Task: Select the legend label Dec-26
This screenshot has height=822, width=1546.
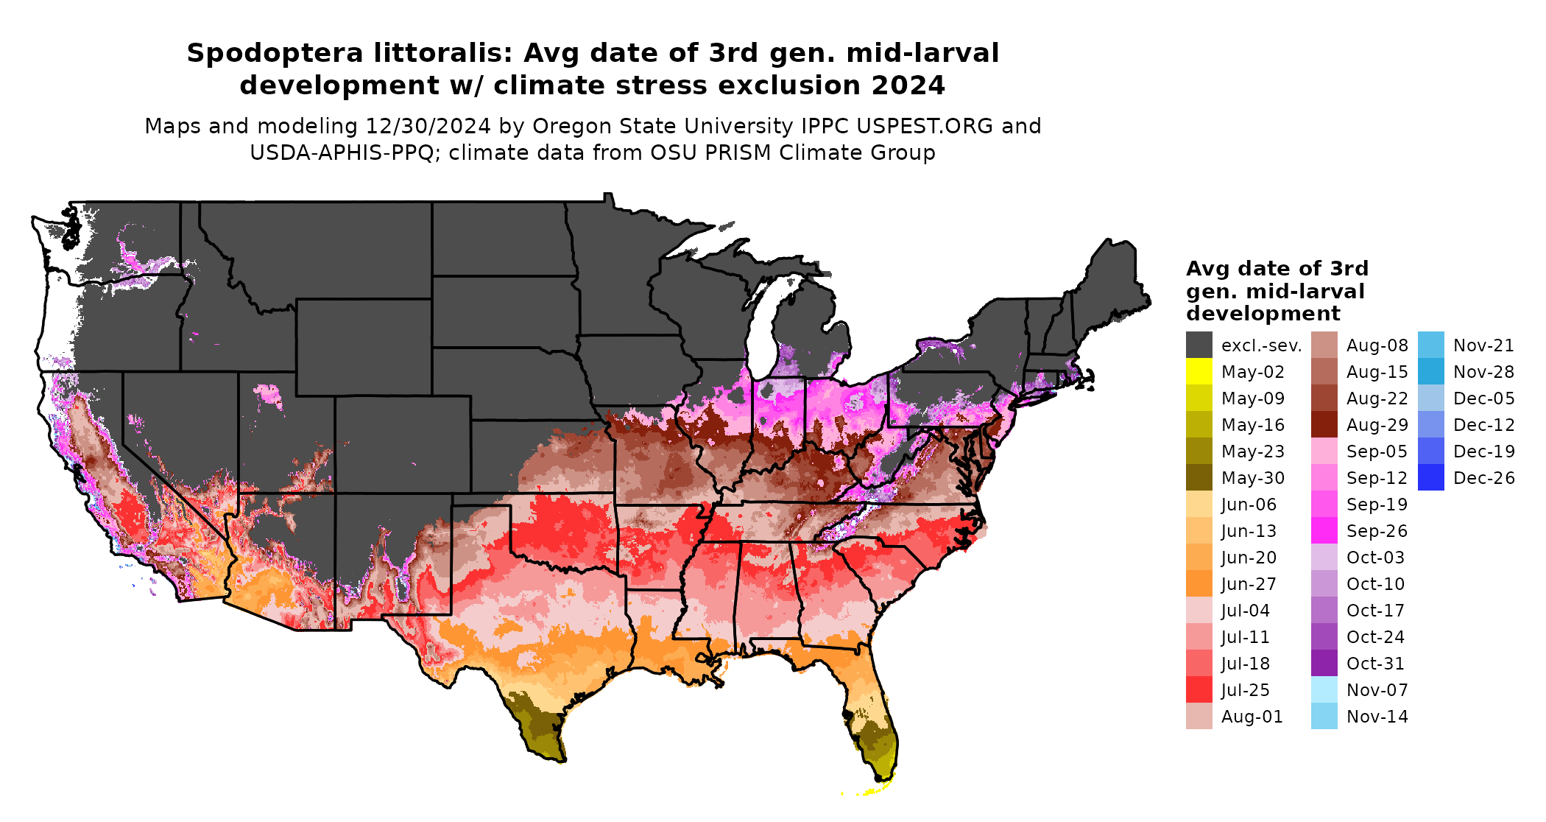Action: click(x=1483, y=478)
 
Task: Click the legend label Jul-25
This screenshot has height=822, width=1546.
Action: click(x=1245, y=690)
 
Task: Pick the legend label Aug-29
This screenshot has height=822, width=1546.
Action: click(x=1377, y=425)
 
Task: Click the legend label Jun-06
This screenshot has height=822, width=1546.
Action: click(x=1249, y=505)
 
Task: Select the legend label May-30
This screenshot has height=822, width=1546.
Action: click(x=1252, y=478)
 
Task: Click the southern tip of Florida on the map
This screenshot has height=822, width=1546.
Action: click(x=881, y=775)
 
